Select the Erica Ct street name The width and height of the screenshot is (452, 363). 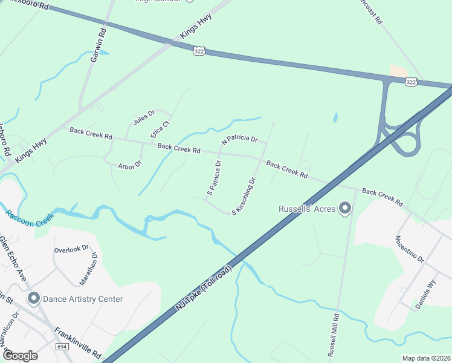coord(161,129)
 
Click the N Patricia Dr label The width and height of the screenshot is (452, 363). coord(240,140)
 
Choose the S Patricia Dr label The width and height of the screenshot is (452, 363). coord(215,177)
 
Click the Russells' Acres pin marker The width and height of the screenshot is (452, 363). coord(345,209)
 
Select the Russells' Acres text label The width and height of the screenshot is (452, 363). coord(306,209)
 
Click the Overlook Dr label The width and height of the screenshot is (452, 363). coord(71,249)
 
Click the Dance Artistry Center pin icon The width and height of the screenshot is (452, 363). coord(33,299)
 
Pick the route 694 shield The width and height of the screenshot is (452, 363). coord(62,347)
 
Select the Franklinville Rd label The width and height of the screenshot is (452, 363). coord(78,343)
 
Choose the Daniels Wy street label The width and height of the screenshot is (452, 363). coord(425,295)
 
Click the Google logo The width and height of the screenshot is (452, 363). coord(20,355)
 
